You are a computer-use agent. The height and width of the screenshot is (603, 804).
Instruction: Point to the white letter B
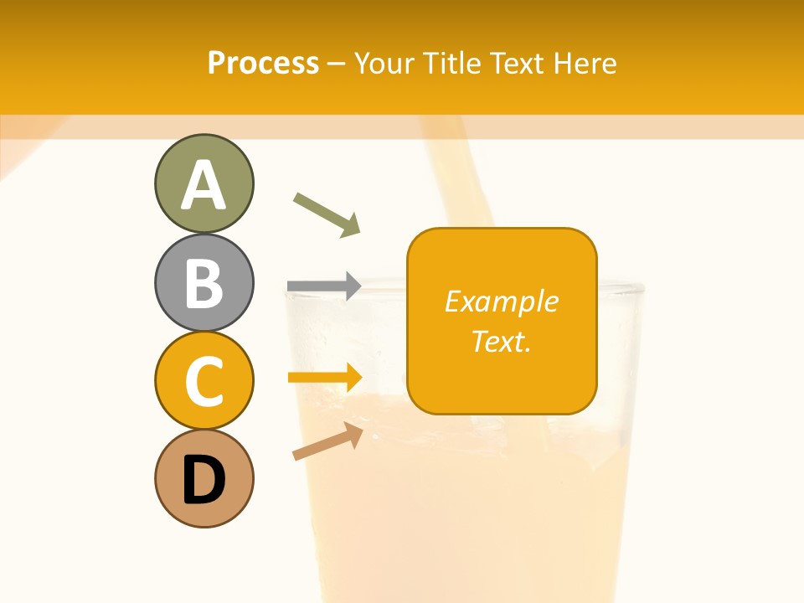pos(204,283)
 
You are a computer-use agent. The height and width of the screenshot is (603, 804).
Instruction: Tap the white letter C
pos(204,382)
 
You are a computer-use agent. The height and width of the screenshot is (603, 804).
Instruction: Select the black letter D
pos(204,480)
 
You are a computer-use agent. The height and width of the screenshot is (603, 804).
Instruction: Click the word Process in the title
pos(263,64)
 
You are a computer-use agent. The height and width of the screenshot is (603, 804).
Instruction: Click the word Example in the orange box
pos(502,301)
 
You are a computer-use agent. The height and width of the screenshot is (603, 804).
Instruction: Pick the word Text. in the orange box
pos(502,341)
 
